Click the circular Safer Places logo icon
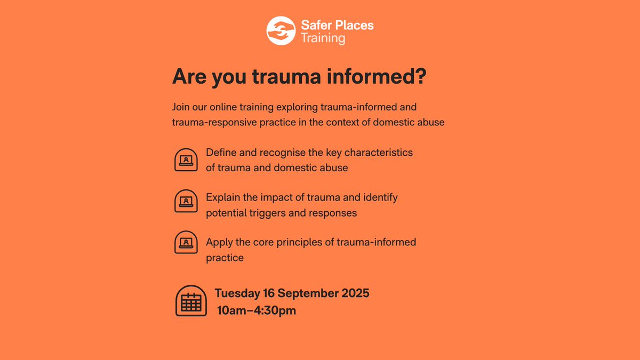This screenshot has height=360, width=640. [x=280, y=31]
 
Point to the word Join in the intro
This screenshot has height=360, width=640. [x=181, y=107]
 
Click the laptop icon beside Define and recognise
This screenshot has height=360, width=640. [x=186, y=159]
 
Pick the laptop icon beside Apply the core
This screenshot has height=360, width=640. [x=186, y=242]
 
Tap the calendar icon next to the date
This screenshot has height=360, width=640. [x=191, y=301]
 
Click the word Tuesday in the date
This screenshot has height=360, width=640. [x=237, y=293]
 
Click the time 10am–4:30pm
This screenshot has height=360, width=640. [x=257, y=310]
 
